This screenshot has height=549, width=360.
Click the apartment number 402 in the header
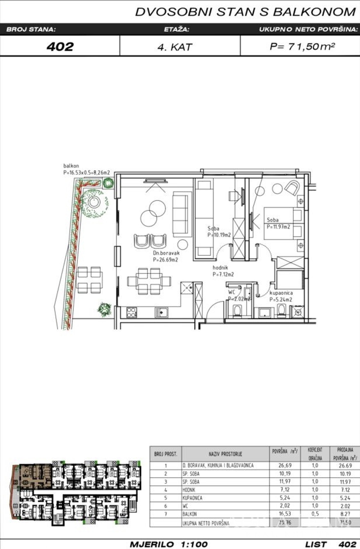59,46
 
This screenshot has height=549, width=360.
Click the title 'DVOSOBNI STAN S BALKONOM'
245,12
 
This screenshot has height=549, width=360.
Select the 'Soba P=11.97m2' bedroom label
278,224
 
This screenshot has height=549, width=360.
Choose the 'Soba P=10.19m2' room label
219,232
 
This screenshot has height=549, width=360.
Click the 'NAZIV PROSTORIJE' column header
225,452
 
